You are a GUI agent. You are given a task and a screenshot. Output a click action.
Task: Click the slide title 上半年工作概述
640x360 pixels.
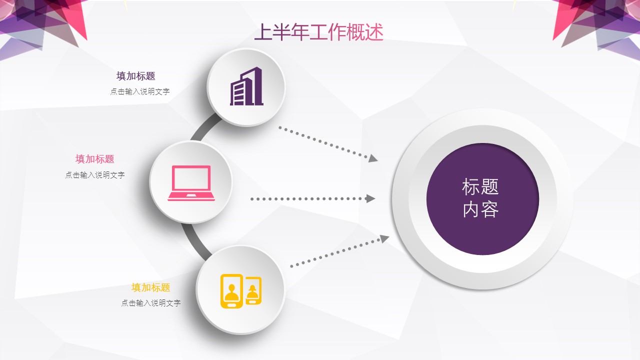pos(318,32)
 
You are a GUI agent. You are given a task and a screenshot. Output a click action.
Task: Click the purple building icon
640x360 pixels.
pos(246,86)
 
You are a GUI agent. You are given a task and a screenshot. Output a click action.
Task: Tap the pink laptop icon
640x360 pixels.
pos(191,183)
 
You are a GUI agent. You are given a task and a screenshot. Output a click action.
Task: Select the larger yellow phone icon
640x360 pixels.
pos(231,291)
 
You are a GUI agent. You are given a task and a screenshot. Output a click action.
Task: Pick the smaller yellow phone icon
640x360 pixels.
pos(253,290)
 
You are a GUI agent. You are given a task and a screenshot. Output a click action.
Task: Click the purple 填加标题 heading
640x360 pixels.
pos(135,76)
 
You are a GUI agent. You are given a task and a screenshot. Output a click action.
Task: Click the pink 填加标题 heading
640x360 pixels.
pos(95,159)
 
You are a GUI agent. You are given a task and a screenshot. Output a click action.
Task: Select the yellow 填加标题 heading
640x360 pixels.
pos(151,287)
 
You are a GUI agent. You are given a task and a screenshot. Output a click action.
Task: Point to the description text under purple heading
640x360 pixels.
pos(140,91)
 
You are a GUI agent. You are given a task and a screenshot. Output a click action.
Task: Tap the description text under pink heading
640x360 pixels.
pos(95,175)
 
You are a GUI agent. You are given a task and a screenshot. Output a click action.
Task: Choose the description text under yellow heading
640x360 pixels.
pos(151,303)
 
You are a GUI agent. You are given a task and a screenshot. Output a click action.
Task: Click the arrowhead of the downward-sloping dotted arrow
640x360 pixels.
pos(373,158)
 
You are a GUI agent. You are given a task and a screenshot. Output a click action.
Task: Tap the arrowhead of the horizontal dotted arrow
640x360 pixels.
pos(370,198)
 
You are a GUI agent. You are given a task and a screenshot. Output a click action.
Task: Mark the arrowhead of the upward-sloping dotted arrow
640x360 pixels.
pos(384,238)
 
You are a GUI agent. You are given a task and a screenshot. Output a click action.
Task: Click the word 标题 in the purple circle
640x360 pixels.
pos(480,187)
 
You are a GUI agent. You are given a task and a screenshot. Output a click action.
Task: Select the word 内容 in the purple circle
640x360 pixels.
pos(480,209)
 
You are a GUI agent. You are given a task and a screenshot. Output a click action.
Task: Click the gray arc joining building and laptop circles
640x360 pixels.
pos(203,127)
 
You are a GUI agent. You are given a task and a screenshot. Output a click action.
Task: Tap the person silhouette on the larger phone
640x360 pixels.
pos(231,293)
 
